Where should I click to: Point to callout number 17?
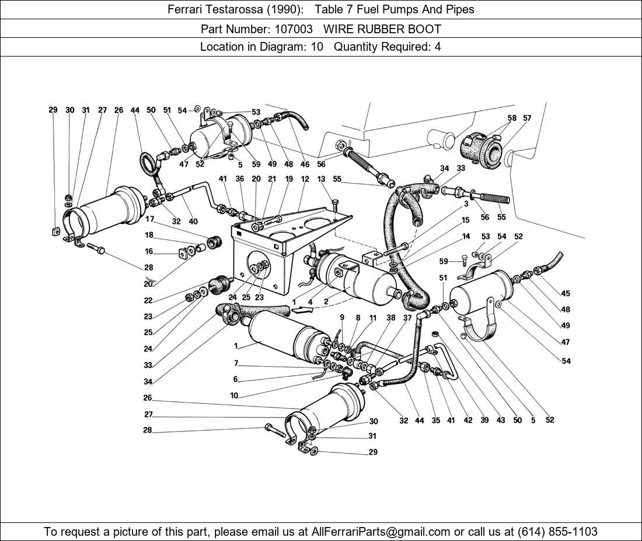(149, 220)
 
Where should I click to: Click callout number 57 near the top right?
(527, 118)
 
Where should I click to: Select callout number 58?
(512, 118)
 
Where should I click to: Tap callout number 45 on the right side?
(566, 294)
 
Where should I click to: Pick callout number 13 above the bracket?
(320, 180)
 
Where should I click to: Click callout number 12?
(305, 180)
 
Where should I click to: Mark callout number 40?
(193, 222)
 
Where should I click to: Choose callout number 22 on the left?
(148, 301)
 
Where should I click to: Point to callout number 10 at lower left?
(234, 396)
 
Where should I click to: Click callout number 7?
(236, 363)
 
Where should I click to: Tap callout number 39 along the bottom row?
(484, 420)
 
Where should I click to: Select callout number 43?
(500, 420)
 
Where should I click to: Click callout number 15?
(465, 220)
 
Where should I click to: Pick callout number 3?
(466, 205)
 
